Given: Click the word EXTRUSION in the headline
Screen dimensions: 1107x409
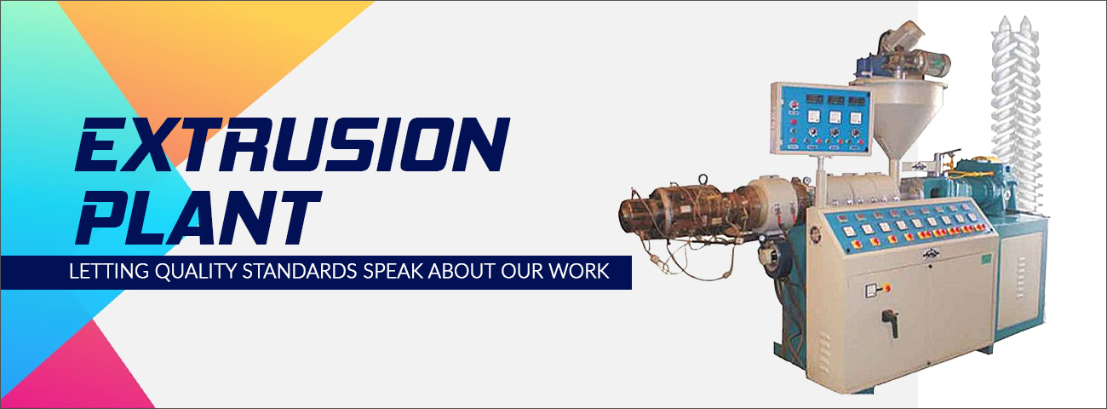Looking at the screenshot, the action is [291, 144].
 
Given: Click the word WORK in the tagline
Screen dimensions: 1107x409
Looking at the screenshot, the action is [579, 272].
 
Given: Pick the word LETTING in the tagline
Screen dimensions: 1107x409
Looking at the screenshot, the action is [109, 272].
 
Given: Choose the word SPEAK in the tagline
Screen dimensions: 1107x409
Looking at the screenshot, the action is [393, 272].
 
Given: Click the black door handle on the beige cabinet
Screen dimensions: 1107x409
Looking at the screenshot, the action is [890, 322].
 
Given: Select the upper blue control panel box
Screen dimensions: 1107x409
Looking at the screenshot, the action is [821, 118].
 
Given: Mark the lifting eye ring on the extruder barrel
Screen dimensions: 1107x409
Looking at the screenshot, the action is [703, 179].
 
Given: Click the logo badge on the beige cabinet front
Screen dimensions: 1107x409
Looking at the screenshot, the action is [931, 255].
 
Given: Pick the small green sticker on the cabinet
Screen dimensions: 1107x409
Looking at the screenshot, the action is [985, 257].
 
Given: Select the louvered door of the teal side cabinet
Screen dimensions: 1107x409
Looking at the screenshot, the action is [1020, 280].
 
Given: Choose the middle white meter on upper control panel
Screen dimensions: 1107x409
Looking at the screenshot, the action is [835, 118].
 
